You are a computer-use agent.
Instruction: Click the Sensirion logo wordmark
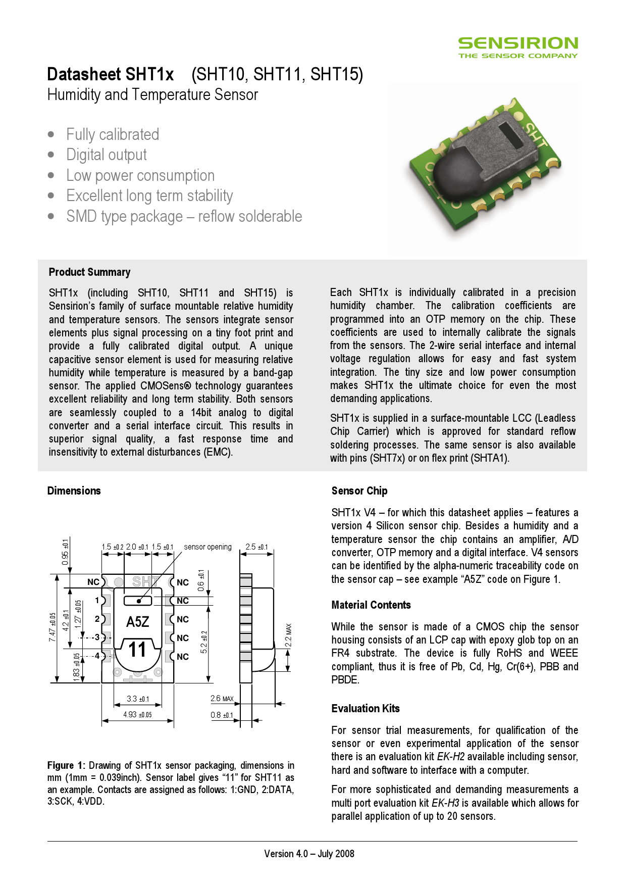(518, 43)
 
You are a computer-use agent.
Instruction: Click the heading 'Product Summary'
(89, 272)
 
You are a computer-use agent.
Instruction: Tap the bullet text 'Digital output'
(107, 155)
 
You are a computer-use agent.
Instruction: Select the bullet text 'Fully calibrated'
(113, 135)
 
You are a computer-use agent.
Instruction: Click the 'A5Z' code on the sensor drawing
(137, 622)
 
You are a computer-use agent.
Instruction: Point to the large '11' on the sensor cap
(137, 650)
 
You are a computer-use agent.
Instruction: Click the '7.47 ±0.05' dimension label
(53, 627)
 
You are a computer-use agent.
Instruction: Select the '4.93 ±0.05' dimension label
(137, 715)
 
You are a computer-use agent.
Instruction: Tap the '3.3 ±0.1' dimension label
(137, 699)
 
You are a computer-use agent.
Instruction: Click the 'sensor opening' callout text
(207, 547)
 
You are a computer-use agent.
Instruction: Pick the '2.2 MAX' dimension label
(289, 635)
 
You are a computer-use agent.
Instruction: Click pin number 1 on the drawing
(97, 601)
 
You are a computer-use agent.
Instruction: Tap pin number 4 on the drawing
(97, 656)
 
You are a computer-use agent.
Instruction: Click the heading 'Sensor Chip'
(359, 491)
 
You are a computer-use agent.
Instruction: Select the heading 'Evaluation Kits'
(366, 709)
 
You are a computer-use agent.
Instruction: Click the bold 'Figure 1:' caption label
(66, 766)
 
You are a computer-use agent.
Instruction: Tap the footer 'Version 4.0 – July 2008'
(309, 854)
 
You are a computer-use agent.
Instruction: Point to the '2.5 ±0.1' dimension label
(256, 547)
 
